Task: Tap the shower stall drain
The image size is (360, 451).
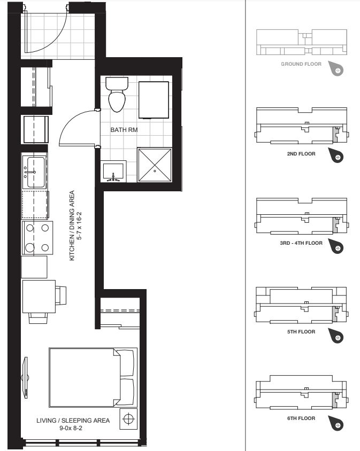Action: point(155,171)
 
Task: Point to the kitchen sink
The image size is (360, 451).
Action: point(34,172)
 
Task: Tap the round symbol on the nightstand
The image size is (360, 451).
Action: point(128,419)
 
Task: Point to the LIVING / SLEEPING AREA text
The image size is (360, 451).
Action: point(73,421)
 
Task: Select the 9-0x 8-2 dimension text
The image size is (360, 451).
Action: point(73,429)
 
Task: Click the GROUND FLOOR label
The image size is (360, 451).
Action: point(301,64)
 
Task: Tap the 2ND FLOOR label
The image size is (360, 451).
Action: point(301,153)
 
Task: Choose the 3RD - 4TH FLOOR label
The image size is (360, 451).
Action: point(301,243)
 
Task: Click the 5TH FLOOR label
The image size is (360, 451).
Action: point(301,331)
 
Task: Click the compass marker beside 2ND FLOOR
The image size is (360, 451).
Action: point(338,157)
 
